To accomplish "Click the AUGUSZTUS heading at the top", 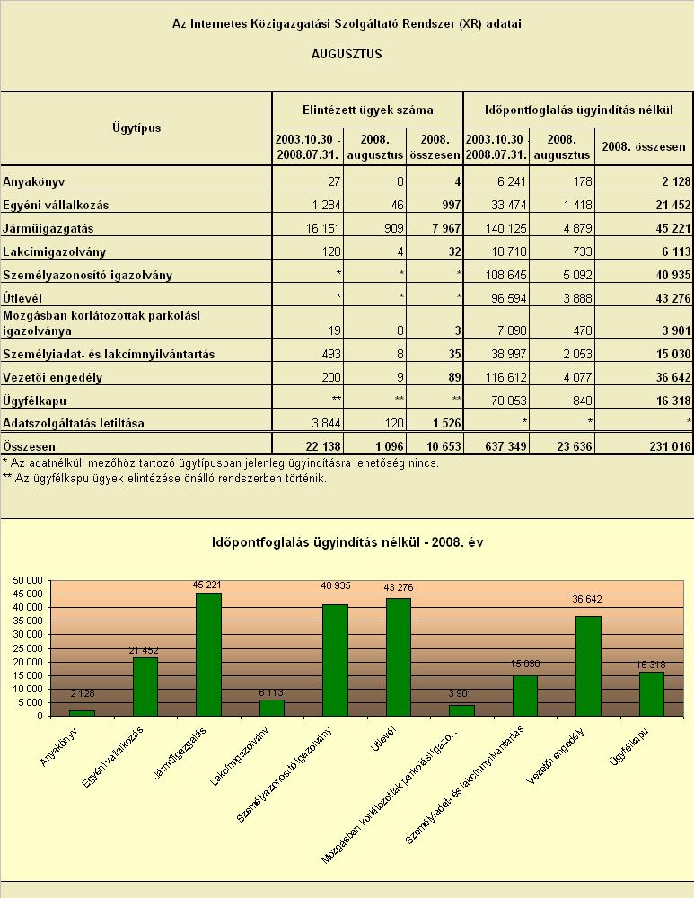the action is [x=347, y=55].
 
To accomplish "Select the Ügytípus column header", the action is [x=136, y=128].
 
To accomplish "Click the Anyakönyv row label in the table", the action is [x=34, y=182].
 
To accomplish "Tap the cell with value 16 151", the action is [x=323, y=228].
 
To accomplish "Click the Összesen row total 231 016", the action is [x=670, y=446].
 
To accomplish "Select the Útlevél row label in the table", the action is [x=22, y=298].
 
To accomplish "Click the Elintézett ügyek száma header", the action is [x=367, y=110].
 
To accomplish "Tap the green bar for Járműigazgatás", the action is [x=208, y=655].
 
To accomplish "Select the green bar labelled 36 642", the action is [x=588, y=666].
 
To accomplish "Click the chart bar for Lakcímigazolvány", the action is [x=271, y=708].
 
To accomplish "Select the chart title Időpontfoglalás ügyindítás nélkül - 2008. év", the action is [x=347, y=542].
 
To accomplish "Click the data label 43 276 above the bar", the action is [x=399, y=587].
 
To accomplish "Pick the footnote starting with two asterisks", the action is [x=165, y=479].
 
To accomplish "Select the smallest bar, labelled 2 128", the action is [x=82, y=713].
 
